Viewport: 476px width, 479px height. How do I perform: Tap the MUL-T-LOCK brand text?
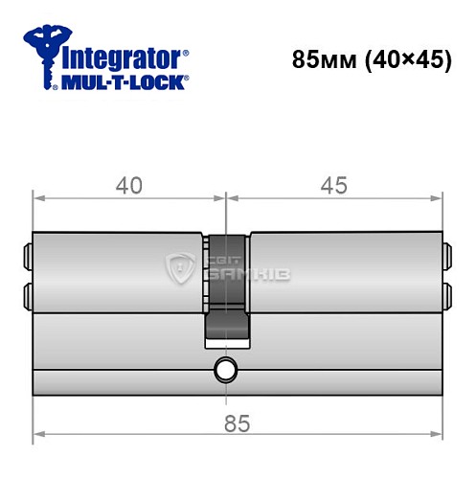(123, 83)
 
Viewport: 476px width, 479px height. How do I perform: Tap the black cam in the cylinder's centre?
(226, 287)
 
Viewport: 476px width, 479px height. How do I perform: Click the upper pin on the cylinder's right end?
(445, 257)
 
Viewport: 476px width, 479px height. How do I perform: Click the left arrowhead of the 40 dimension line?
(38, 199)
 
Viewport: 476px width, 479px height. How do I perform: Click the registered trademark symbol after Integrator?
(185, 47)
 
